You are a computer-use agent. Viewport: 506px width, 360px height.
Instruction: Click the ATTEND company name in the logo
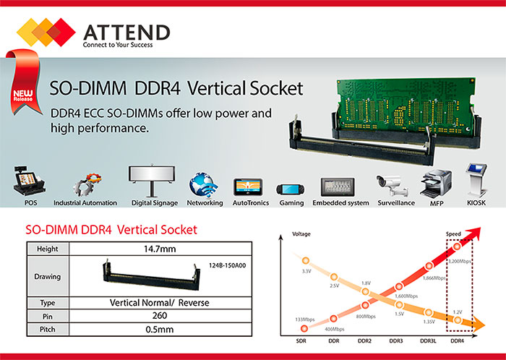pos(126,32)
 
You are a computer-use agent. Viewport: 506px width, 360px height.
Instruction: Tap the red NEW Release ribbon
pos(24,83)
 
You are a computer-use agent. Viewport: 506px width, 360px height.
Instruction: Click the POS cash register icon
pos(29,181)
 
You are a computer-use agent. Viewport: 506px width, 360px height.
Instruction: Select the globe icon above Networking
pos(203,185)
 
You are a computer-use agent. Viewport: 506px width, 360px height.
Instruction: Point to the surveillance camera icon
pos(393,186)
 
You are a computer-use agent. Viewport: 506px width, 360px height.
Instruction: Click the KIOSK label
pos(476,203)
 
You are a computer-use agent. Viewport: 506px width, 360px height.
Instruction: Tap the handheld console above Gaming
pos(291,189)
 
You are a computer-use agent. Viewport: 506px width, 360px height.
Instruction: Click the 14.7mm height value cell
pos(160,249)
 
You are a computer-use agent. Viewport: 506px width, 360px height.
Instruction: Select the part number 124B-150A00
pos(227,265)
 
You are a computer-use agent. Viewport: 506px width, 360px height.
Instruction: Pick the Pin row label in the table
pos(48,317)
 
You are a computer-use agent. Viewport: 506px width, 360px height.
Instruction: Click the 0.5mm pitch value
pos(160,330)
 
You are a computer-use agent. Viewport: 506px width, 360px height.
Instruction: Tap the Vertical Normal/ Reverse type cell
pos(160,303)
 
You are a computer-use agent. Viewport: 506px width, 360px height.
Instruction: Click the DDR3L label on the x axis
pos(428,341)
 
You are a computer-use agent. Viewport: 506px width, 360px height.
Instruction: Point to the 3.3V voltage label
pos(306,271)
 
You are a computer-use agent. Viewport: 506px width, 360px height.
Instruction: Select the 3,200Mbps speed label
pos(459,261)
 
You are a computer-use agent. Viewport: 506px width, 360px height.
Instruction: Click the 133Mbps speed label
pos(304,320)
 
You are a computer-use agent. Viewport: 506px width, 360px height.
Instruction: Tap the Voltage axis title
pos(301,234)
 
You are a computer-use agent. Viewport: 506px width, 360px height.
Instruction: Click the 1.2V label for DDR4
pos(458,312)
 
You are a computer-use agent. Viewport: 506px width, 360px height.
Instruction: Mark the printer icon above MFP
pos(436,183)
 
